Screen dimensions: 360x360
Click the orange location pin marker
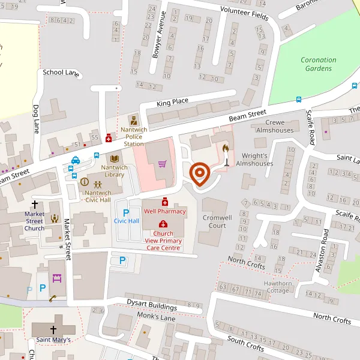tap(199, 175)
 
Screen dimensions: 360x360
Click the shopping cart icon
tap(162, 163)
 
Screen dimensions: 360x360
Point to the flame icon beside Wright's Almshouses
tap(226, 148)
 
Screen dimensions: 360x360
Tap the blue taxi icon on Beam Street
tap(76, 160)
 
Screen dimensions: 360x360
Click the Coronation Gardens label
tap(318, 64)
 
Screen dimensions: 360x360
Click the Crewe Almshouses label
tap(275, 126)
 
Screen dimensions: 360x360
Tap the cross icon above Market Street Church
tap(34, 204)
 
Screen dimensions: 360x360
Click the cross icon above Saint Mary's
tap(53, 329)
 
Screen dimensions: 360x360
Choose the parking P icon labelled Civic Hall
tap(126, 212)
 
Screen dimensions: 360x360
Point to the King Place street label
tap(172, 103)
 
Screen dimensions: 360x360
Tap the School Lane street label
tap(61, 73)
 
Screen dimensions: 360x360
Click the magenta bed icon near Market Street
tap(58, 278)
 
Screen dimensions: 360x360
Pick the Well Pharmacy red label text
tap(164, 211)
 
